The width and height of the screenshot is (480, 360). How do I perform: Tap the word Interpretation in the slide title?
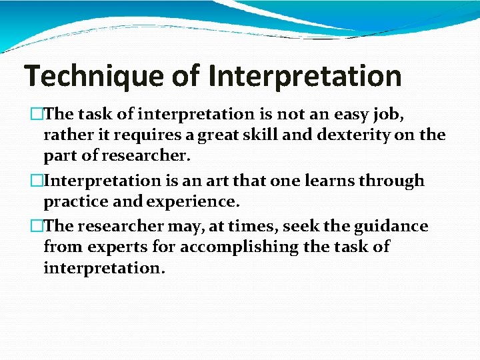point(305,77)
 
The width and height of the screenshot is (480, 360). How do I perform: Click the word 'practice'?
point(74,201)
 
